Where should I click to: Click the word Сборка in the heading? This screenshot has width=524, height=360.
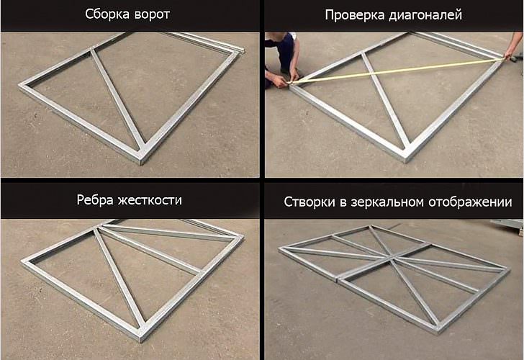coord(108,14)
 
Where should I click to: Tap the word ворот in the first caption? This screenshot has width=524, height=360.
coord(153,15)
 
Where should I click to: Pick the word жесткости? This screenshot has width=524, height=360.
coord(150,200)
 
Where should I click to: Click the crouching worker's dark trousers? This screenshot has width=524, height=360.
coord(286,50)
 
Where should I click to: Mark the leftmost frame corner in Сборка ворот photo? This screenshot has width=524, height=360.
coord(21,85)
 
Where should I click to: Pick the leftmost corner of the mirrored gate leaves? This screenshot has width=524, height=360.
coord(280,248)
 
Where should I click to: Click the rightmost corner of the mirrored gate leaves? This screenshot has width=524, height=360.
coord(509,269)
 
